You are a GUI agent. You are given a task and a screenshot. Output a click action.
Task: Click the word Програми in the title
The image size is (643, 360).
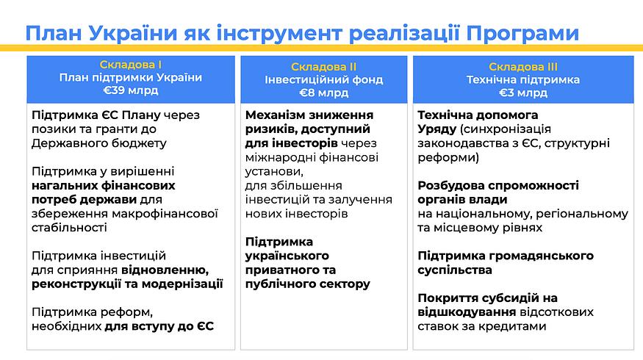[522, 34]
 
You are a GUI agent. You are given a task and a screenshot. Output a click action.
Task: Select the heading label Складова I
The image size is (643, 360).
[131, 65]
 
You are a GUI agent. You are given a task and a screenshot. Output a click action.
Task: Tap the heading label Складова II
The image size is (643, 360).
[323, 67]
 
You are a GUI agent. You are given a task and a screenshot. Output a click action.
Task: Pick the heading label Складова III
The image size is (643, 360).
[522, 67]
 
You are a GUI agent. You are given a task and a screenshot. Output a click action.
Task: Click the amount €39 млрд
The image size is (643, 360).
[131, 90]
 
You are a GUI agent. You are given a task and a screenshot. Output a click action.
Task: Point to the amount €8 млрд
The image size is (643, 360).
[323, 93]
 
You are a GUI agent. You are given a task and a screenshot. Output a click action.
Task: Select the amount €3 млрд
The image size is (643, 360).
[522, 93]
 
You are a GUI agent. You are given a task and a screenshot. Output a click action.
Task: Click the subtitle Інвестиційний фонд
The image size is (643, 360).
[323, 79]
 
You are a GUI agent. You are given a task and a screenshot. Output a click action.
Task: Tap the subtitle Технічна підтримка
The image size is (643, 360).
[522, 79]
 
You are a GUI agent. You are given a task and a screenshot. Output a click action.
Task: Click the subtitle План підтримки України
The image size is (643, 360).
[131, 77]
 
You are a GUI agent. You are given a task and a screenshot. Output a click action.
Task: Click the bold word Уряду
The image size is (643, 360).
[437, 129]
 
